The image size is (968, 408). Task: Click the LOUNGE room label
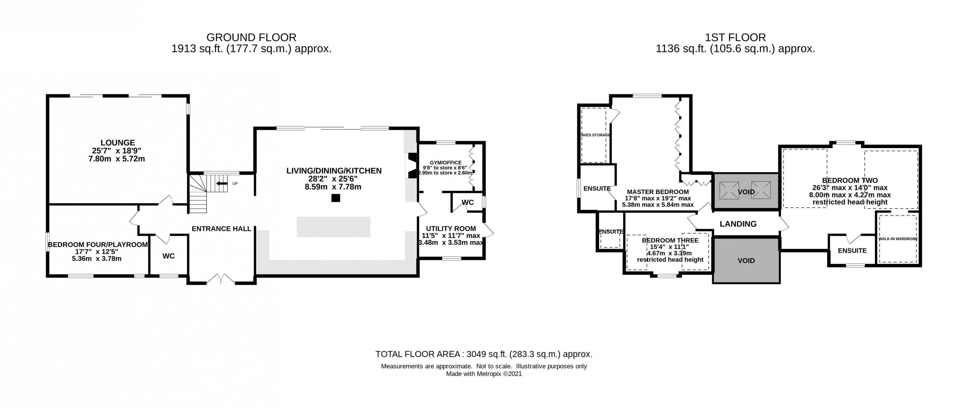point(118,143)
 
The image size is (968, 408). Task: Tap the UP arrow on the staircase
point(222,184)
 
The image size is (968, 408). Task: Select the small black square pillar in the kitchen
point(336,198)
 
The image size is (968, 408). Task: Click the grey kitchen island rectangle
point(333,227)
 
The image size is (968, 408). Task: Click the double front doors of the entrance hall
point(221,280)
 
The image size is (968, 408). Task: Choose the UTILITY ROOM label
point(451,228)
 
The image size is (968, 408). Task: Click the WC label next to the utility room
point(468,202)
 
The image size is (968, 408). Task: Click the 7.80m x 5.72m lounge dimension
point(116,159)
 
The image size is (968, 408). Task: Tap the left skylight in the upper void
point(729,190)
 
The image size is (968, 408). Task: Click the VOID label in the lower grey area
point(746,261)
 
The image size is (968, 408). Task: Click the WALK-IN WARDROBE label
point(898,239)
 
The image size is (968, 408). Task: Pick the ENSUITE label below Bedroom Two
point(852,250)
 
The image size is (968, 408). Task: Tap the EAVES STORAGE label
point(595,135)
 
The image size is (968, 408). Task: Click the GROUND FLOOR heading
point(251,38)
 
